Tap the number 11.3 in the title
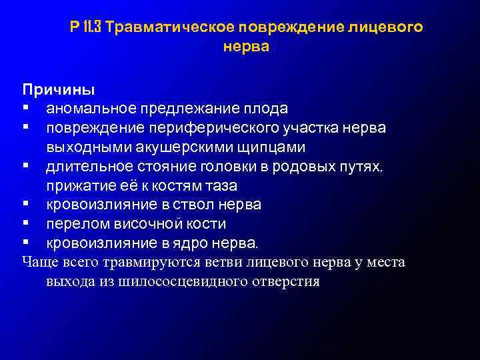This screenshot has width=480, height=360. point(91,28)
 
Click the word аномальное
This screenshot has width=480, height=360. point(87,108)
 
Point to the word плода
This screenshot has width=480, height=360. point(267,108)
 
